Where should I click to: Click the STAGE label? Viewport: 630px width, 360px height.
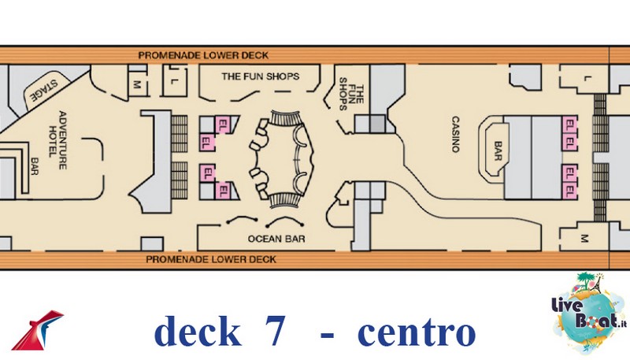point(44,91)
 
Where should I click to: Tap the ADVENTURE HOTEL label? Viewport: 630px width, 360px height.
point(57,140)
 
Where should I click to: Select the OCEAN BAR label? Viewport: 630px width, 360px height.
point(276,239)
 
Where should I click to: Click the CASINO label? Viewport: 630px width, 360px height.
point(455,134)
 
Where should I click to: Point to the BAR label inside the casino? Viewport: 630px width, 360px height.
point(498,151)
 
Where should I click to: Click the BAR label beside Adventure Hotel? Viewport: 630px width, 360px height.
point(35,166)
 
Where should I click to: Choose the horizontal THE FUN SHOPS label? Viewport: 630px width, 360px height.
point(261,76)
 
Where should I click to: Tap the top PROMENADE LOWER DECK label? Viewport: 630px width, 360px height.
point(203,55)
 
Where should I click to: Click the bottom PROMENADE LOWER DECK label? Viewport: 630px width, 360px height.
point(211,259)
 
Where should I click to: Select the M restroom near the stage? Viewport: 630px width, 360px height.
point(137,84)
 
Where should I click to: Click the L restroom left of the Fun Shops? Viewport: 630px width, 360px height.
point(173,81)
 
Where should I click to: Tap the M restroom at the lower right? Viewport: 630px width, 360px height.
point(584,239)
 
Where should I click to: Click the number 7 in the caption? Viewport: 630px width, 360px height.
point(275,331)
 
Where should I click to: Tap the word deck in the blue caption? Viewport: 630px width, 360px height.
point(198,331)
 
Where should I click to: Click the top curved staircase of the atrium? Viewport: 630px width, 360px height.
point(285,118)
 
